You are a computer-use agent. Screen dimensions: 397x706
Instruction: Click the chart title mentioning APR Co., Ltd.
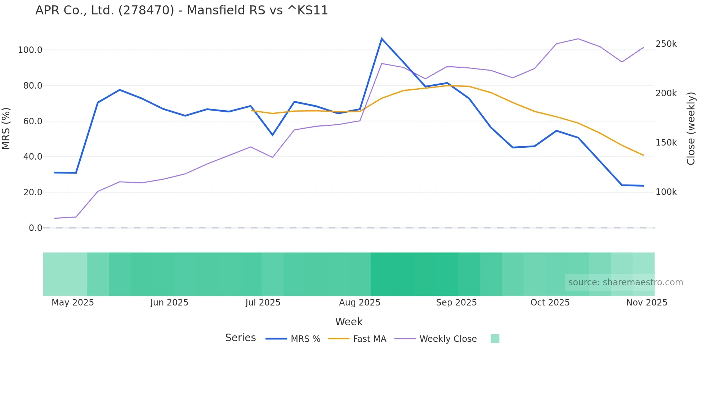[x=182, y=10]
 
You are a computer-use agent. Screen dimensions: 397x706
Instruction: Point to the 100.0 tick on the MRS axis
[x=30, y=50]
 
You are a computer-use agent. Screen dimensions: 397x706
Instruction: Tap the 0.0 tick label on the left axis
[x=35, y=228]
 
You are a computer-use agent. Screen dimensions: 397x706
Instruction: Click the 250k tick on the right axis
[x=666, y=44]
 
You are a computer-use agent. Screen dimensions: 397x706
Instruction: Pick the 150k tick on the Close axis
[x=666, y=143]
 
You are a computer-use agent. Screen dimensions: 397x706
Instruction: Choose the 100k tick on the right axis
[x=666, y=192]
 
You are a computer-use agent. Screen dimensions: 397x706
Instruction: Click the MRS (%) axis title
[x=6, y=129]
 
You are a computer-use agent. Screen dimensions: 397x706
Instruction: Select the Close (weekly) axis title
[x=691, y=129]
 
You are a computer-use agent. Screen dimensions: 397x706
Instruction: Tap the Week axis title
[x=349, y=322]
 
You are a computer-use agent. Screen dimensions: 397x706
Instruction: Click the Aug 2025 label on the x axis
[x=359, y=303]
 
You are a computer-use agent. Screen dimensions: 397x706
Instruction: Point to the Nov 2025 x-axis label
[x=647, y=303]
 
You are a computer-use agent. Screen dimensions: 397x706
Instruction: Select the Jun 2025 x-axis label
[x=169, y=303]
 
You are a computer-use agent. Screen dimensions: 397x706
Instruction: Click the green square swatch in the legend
[x=495, y=339]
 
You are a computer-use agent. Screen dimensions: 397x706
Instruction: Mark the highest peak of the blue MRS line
[x=382, y=39]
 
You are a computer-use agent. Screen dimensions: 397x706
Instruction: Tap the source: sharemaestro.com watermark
[x=625, y=282]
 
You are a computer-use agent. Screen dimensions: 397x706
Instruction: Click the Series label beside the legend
[x=240, y=338]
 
